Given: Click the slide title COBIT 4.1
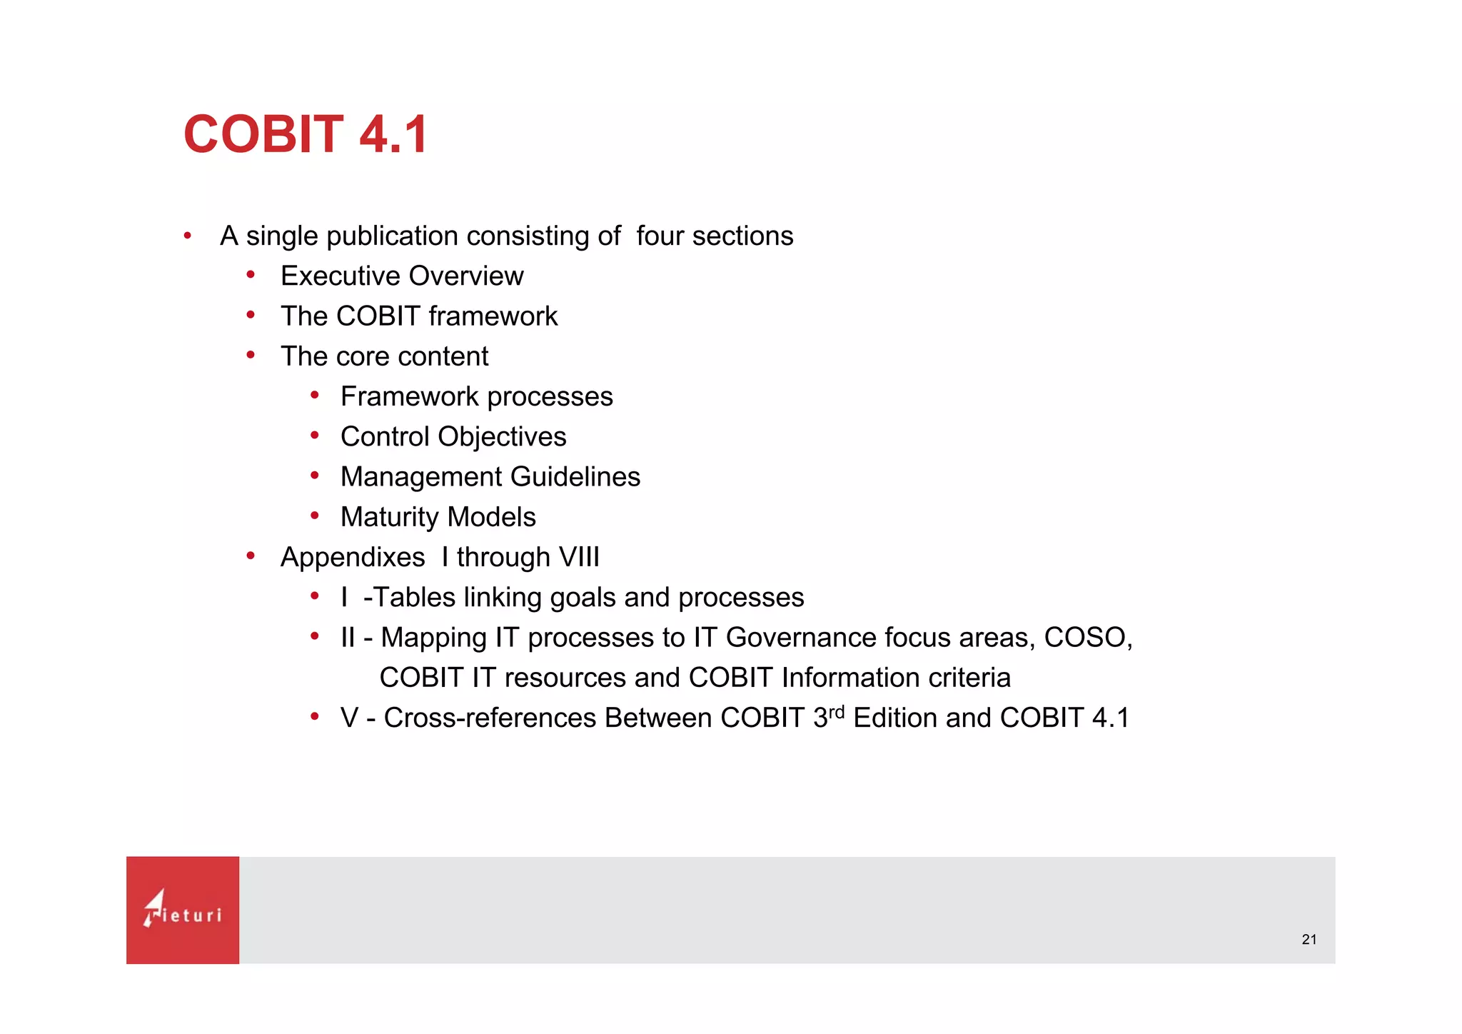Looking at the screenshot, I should click(306, 134).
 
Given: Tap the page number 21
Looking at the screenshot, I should click(1309, 940).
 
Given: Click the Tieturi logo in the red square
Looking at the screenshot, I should click(183, 910).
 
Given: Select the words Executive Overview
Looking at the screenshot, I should click(402, 276).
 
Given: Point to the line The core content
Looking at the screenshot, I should click(384, 356).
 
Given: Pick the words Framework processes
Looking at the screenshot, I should click(476, 397).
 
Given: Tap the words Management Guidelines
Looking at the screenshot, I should click(490, 477).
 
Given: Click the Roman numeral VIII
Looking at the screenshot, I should click(579, 557).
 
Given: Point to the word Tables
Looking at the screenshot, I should click(415, 598).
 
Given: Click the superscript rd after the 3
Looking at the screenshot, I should click(837, 712).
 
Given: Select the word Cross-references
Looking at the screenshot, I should click(490, 718).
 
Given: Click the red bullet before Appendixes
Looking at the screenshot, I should click(251, 556).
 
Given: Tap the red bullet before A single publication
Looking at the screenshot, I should click(187, 235).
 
